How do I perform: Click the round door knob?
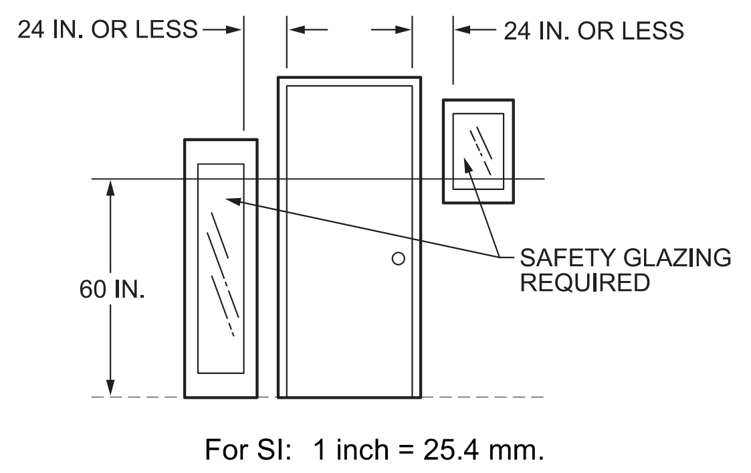coord(398,258)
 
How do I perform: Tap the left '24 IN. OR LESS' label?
coord(107,30)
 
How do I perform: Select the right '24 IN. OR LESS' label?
coord(593,30)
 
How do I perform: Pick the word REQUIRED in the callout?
coord(584,282)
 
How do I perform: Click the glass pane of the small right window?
coord(478,151)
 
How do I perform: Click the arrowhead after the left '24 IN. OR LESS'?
coord(233,30)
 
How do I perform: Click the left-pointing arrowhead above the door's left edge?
coord(296,30)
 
